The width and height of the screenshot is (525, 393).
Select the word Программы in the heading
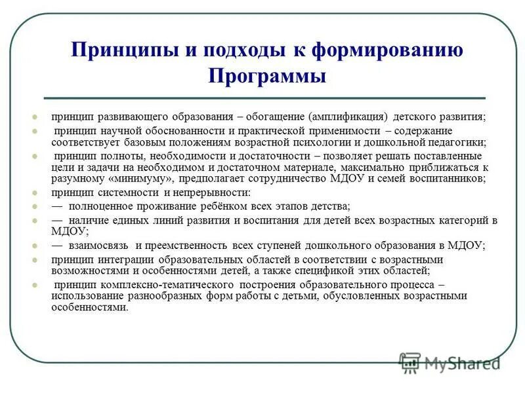point(267,76)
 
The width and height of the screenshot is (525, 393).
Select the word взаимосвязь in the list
point(99,246)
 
